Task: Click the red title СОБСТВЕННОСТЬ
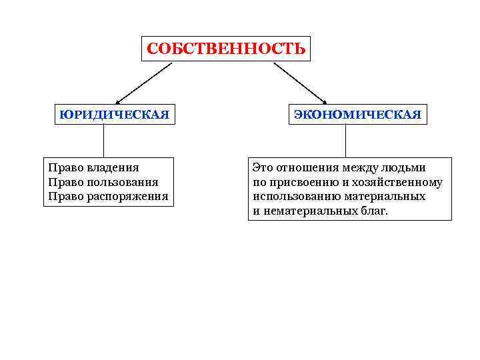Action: (x=226, y=49)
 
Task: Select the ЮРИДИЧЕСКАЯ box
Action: (x=113, y=114)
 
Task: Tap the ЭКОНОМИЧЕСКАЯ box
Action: (x=357, y=114)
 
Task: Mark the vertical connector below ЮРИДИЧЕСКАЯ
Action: (x=103, y=141)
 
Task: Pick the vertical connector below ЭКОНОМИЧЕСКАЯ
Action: (x=345, y=141)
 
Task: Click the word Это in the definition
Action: (x=263, y=167)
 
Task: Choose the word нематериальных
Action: (x=309, y=211)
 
